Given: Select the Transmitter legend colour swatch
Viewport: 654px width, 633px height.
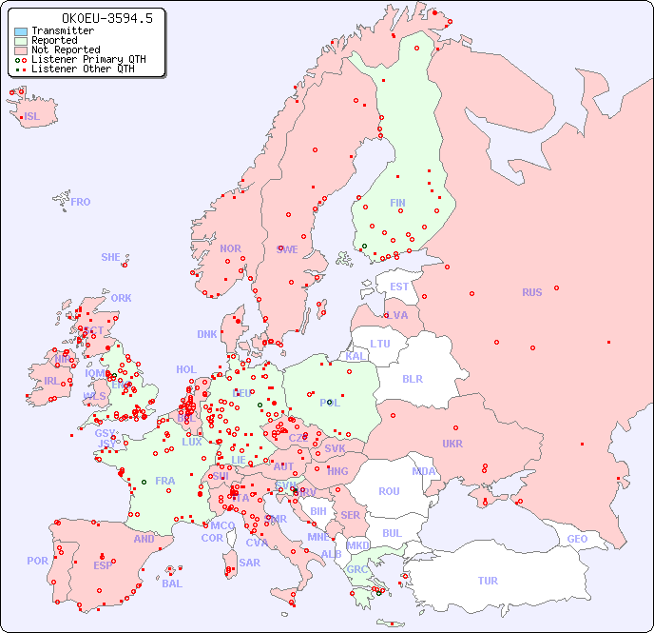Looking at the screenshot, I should (x=21, y=31).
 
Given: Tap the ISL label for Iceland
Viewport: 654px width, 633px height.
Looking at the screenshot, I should (x=32, y=117).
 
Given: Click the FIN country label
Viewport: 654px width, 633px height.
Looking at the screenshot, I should (x=397, y=203).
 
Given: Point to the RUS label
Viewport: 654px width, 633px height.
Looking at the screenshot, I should (x=531, y=292).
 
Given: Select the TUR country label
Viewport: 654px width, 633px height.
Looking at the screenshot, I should (x=488, y=581).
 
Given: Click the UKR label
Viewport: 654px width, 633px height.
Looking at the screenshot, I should (x=452, y=444).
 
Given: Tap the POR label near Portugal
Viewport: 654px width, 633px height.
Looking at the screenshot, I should (x=37, y=561).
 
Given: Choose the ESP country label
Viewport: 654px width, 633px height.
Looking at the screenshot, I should (x=103, y=564).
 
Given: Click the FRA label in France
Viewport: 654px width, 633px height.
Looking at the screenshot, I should (x=165, y=481).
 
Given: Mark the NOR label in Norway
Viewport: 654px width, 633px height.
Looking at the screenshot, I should (x=230, y=248).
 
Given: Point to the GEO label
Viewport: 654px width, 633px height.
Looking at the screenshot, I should (x=577, y=539).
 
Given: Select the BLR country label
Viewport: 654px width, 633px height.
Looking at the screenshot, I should (x=412, y=378).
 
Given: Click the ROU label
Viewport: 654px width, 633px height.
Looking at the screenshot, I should (x=389, y=491).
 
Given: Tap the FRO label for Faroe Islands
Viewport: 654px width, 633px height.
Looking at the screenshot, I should (x=81, y=202).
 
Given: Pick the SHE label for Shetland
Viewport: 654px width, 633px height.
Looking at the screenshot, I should (x=111, y=257).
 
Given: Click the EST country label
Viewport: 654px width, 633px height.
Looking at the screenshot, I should (x=399, y=287).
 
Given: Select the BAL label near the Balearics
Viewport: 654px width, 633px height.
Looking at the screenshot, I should (x=171, y=584).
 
